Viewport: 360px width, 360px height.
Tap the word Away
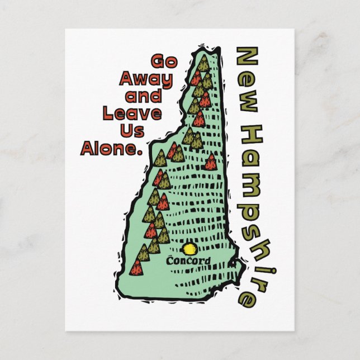click(x=145, y=78)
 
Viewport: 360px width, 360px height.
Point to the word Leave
click(x=132, y=113)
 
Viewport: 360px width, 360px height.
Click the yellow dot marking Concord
click(x=190, y=248)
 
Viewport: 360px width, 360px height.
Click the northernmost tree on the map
click(x=203, y=62)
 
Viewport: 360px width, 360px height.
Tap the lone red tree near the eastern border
click(x=211, y=162)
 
